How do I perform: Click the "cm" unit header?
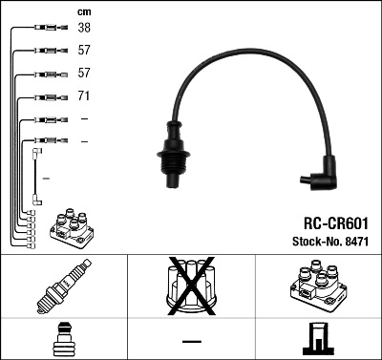click(x=83, y=11)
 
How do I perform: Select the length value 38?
click(x=84, y=29)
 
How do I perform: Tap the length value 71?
click(x=84, y=96)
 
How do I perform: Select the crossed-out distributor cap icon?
click(x=191, y=288)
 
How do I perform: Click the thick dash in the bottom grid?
click(x=191, y=340)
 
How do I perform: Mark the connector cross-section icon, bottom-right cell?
click(x=318, y=339)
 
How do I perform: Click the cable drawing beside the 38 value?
click(x=45, y=29)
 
